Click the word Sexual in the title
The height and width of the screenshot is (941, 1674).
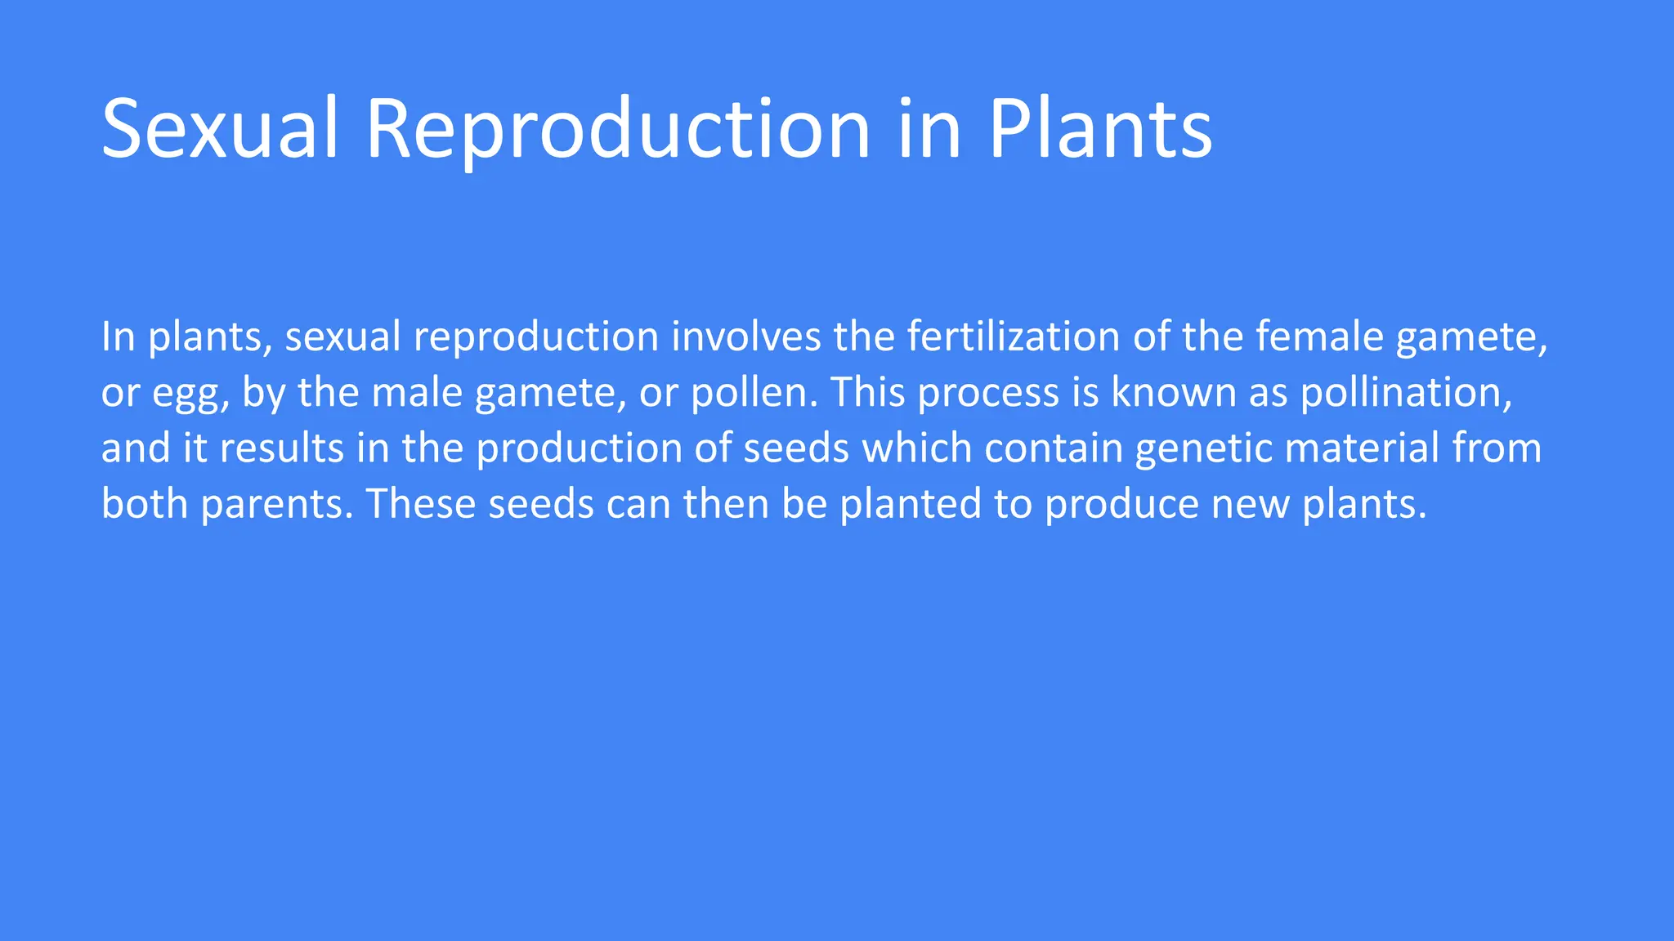219,129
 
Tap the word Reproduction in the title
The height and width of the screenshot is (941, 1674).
618,129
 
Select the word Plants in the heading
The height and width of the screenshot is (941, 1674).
1099,129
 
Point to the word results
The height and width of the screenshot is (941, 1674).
282,448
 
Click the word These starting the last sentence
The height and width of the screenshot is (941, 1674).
420,504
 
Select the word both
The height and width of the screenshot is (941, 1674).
145,504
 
